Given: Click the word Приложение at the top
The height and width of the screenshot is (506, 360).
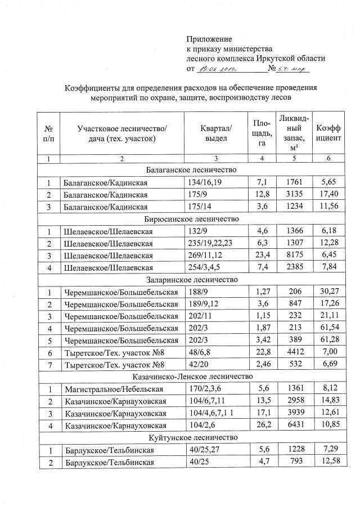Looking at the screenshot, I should (209, 39).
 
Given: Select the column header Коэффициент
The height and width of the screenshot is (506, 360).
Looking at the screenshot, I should (328, 133).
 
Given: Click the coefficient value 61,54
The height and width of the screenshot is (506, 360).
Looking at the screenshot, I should (328, 328).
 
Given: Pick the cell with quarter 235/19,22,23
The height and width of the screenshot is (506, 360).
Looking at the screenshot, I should (209, 243).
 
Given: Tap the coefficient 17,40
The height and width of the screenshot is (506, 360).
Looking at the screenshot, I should (328, 194).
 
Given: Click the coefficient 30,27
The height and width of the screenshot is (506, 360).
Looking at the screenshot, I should (328, 292).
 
